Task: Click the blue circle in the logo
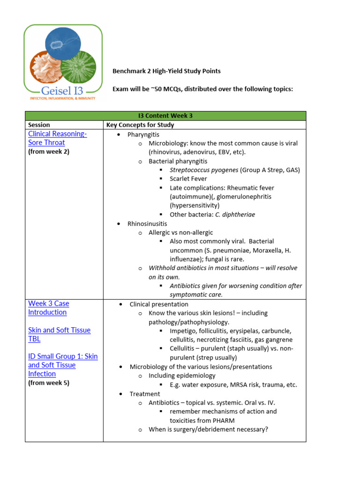pos(63,43)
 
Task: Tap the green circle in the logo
pos(79,67)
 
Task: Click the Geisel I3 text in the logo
pos(63,90)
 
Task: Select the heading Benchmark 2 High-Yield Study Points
pos(166,71)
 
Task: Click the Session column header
pos(39,125)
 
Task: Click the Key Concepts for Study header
pos(140,125)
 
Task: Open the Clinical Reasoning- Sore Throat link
pos(57,138)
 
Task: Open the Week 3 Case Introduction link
pos(48,308)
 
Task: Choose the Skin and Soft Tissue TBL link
pos(59,334)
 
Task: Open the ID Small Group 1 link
pos(63,365)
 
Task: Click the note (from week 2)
pos(48,152)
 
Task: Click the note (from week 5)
pos(48,383)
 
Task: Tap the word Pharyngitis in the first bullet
pos(143,135)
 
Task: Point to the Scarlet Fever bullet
pos(188,179)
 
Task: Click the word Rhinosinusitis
pos(147,224)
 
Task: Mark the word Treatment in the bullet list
pos(145,394)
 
